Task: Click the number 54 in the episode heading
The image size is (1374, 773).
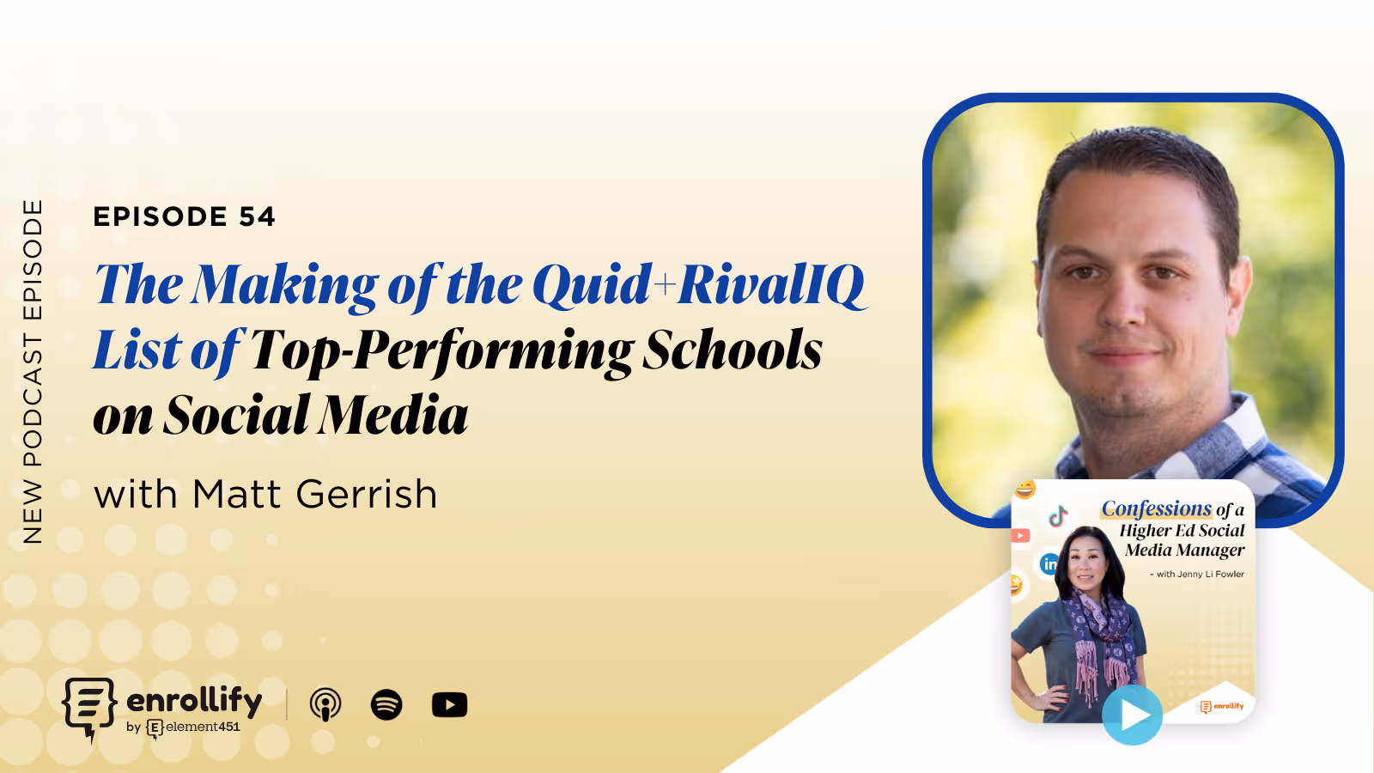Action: click(257, 216)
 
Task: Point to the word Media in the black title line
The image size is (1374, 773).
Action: click(396, 416)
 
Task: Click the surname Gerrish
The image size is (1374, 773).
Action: click(367, 495)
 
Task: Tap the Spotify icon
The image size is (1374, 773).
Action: click(386, 704)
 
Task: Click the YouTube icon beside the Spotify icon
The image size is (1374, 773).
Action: click(449, 704)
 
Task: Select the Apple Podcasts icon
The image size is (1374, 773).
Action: click(325, 704)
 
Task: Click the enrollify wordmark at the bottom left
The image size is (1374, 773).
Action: click(194, 700)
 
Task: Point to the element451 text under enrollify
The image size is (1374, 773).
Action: click(203, 727)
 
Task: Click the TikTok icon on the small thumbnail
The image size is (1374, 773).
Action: click(1058, 515)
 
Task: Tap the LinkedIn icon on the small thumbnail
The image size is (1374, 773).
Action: click(1049, 563)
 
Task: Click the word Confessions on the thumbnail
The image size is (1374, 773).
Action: click(1156, 508)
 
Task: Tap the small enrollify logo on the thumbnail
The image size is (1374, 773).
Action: click(1222, 706)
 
